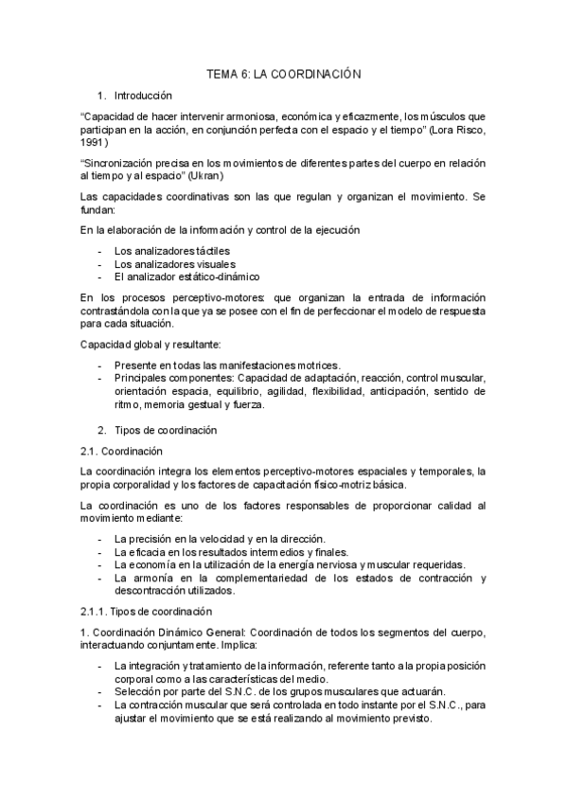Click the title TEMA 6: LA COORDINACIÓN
tap(284, 73)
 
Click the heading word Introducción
tap(143, 96)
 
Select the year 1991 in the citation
tap(94, 142)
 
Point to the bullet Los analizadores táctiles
tap(171, 250)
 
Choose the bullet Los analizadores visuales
tap(175, 263)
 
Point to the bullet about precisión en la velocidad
tap(220, 539)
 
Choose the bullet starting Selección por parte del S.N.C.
tap(279, 690)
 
